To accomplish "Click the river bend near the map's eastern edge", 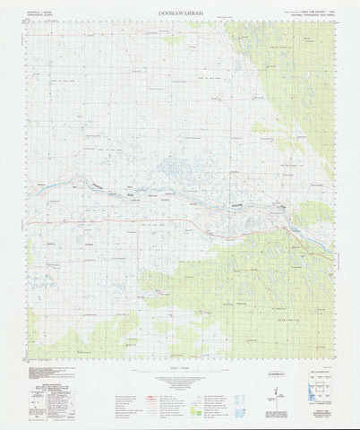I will (285, 212).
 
